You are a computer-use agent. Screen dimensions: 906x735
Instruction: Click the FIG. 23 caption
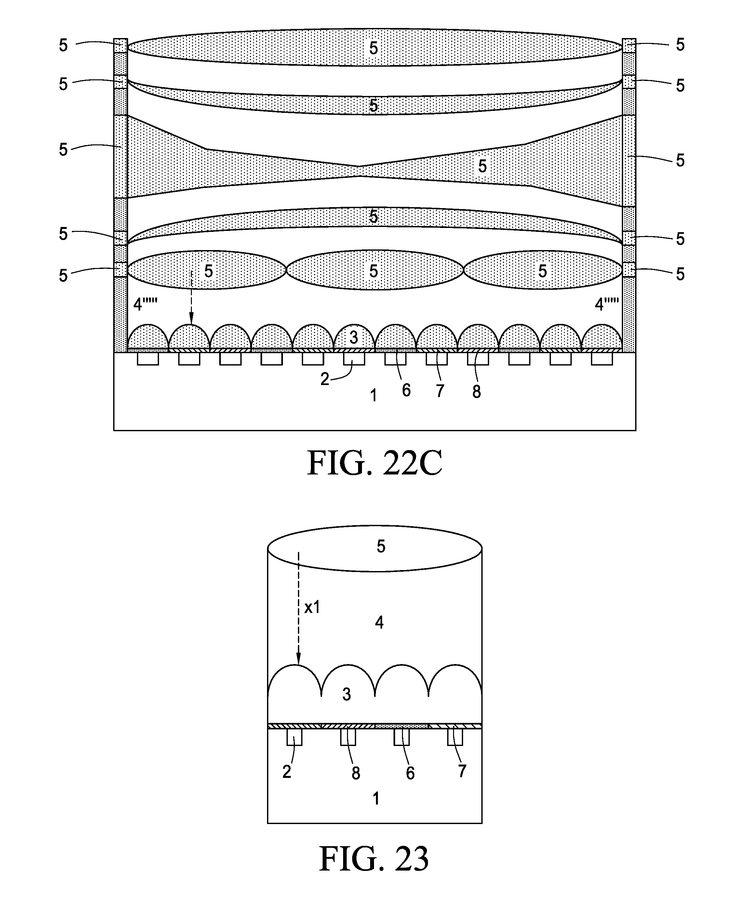tap(374, 859)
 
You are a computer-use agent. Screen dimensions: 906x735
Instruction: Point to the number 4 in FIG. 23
tap(379, 622)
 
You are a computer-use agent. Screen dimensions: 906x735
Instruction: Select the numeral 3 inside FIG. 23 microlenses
tap(347, 694)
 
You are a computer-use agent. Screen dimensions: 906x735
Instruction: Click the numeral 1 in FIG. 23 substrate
tap(376, 799)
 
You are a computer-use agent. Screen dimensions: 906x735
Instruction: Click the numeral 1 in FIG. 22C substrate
tap(373, 396)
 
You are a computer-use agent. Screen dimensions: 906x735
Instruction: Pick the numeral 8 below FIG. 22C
tap(477, 393)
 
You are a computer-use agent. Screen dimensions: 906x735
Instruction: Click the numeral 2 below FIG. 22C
tap(325, 379)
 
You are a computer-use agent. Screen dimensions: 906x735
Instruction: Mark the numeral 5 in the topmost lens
tap(373, 48)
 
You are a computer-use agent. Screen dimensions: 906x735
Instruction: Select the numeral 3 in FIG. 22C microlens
tap(354, 338)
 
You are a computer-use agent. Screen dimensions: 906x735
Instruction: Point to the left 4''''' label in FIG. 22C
tap(145, 304)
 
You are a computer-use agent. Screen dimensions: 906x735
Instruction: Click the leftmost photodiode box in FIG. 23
tap(294, 738)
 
